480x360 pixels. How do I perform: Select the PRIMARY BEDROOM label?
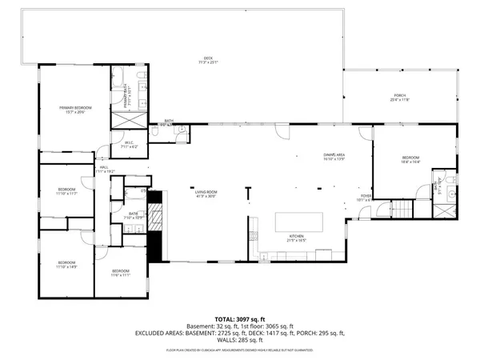pos(76,109)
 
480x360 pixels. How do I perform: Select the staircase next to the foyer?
pos(398,210)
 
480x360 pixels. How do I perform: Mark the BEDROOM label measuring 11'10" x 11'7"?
pos(66,191)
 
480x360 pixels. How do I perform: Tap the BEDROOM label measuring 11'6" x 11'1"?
pos(120,273)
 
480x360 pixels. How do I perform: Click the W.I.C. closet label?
pos(129,146)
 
